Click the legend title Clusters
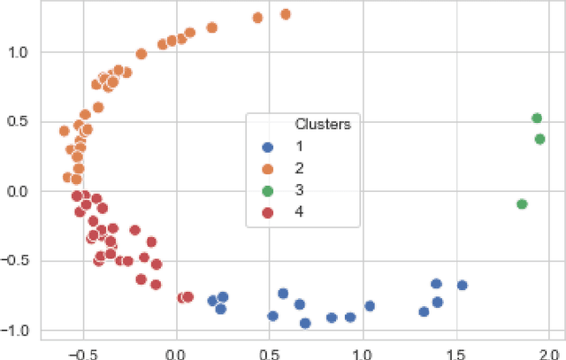click(x=323, y=124)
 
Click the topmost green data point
click(x=536, y=118)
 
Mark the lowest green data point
click(x=522, y=204)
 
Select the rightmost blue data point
click(x=462, y=285)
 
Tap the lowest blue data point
click(x=305, y=323)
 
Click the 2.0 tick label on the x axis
click(x=548, y=350)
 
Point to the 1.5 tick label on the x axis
click(x=455, y=350)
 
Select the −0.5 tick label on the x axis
click(x=81, y=350)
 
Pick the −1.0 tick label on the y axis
click(x=16, y=330)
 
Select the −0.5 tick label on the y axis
click(x=16, y=261)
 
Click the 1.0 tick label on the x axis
click(x=363, y=350)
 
